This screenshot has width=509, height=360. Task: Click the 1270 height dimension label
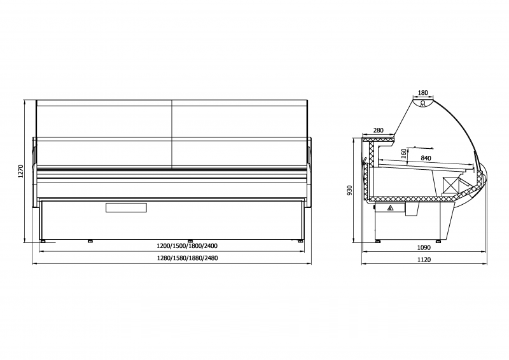pos(20,171)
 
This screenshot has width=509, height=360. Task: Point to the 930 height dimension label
pos(349,191)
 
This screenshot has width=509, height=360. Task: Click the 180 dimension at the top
pos(423,93)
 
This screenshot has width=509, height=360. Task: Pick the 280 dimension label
pos(378,130)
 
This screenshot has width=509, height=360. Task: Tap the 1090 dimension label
pos(424,247)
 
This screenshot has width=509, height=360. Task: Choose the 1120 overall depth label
pos(424,260)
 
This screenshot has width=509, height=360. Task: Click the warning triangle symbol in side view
pos(391,207)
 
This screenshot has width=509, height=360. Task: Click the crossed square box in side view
pos(451,185)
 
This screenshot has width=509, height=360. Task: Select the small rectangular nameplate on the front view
pos(126,207)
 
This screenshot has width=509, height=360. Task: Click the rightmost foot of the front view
pos(298,240)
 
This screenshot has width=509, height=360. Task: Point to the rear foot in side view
pos(378,240)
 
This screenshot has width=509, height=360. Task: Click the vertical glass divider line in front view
pos(172,134)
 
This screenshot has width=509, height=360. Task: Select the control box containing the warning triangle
pos(389,208)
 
